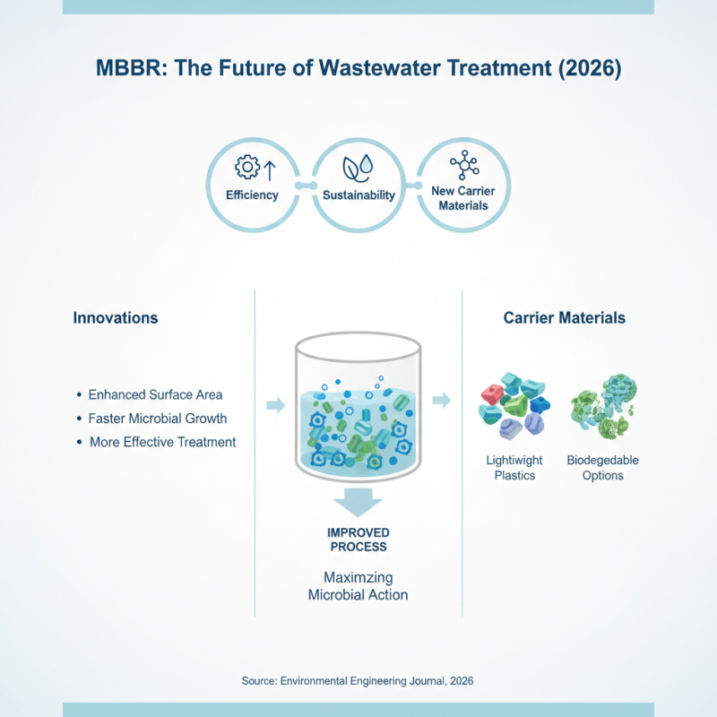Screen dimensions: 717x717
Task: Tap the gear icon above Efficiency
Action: (x=246, y=168)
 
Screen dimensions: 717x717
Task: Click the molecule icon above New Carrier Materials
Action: (x=464, y=165)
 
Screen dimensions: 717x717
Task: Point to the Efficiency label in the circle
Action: (x=252, y=194)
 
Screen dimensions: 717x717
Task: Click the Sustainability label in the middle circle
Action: (x=358, y=195)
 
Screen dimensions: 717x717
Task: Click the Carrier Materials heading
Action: (x=564, y=318)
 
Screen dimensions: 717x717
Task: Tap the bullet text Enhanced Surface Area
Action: (x=155, y=394)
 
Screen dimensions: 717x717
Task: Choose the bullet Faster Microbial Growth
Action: (x=157, y=419)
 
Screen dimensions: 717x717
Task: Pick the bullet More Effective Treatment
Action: (x=162, y=442)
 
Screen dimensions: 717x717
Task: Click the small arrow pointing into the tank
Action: (x=276, y=406)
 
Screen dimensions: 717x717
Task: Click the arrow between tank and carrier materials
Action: (x=442, y=399)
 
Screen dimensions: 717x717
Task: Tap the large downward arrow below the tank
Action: (x=357, y=499)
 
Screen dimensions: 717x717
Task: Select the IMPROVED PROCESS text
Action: (x=357, y=540)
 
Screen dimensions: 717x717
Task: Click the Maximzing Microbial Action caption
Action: (x=357, y=586)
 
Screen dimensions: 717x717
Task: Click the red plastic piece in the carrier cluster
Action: (x=493, y=393)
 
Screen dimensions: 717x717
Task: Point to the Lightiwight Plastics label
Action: (x=514, y=468)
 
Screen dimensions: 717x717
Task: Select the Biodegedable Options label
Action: (x=602, y=468)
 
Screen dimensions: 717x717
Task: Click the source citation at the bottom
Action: (x=357, y=681)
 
